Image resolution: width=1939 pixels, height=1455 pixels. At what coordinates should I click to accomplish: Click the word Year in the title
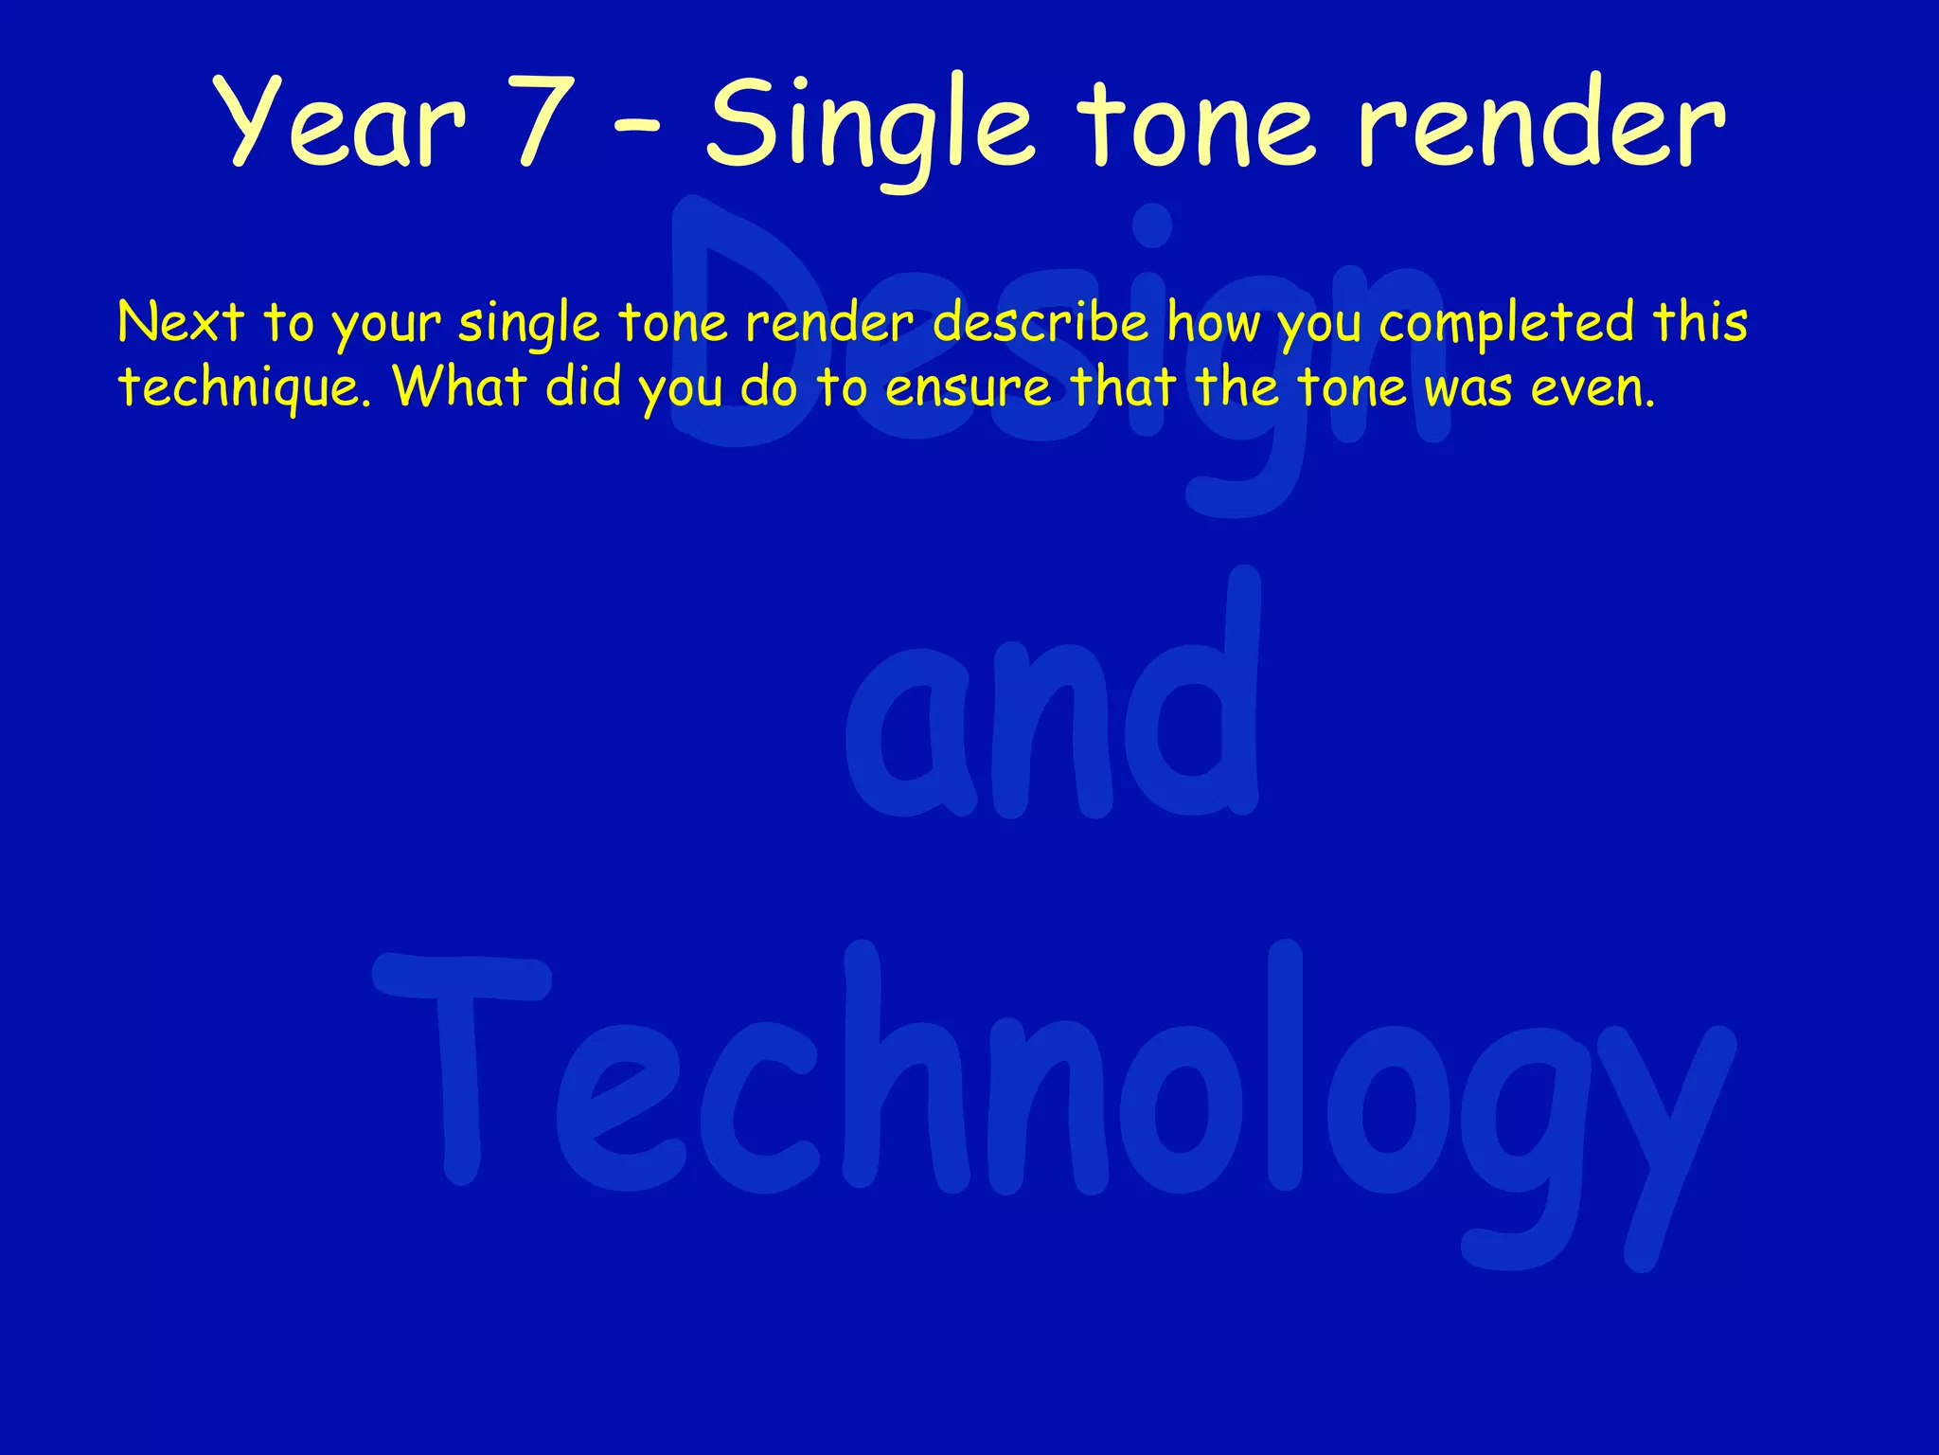click(341, 123)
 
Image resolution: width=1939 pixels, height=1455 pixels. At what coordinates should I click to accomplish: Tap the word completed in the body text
click(1505, 324)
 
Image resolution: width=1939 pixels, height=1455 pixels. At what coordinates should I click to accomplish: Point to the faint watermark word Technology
click(1051, 1089)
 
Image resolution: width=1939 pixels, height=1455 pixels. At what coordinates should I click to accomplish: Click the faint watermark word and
click(1051, 720)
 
